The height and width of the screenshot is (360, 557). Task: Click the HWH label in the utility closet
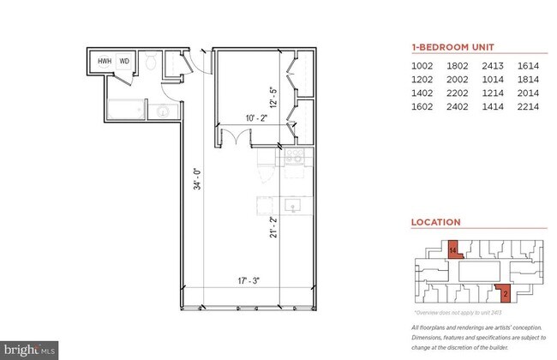pos(105,62)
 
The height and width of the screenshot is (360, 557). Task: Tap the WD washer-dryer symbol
pos(124,62)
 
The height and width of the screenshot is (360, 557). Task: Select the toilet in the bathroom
pos(151,62)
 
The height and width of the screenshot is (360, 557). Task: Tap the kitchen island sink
pos(292,206)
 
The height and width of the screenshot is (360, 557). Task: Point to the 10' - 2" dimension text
pos(244,119)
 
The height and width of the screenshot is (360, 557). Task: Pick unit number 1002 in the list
pos(422,64)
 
